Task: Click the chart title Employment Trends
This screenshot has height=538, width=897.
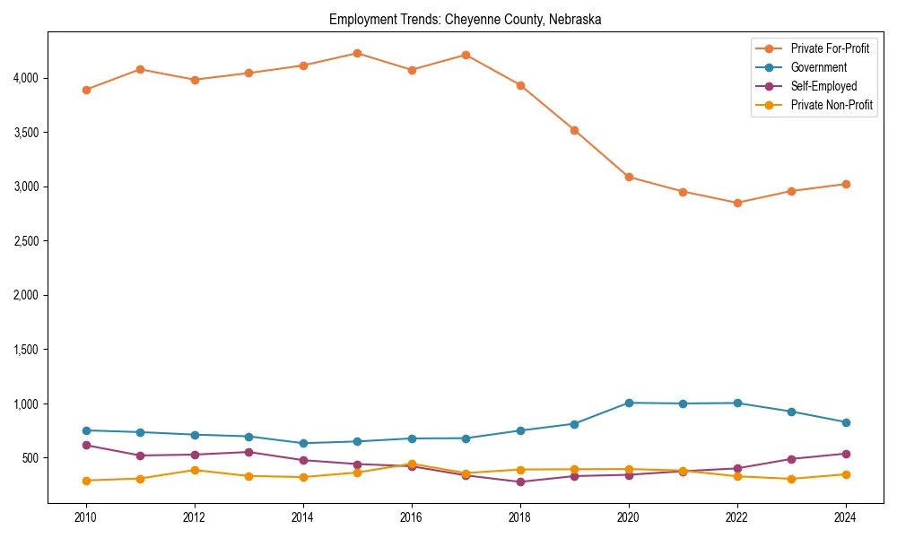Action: pyautogui.click(x=465, y=19)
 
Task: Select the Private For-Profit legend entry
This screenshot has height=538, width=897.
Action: pyautogui.click(x=830, y=48)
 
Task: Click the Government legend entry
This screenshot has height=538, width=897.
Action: pyautogui.click(x=818, y=67)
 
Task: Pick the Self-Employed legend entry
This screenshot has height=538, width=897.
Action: pyautogui.click(x=823, y=86)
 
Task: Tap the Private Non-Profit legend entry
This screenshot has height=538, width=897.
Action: pyautogui.click(x=832, y=105)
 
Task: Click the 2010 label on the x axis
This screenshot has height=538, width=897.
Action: pyautogui.click(x=86, y=517)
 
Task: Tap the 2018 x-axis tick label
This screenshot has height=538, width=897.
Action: pyautogui.click(x=519, y=517)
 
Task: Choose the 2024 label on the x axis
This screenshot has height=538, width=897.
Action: pyautogui.click(x=845, y=517)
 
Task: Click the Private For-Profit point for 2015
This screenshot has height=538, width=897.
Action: pyautogui.click(x=357, y=53)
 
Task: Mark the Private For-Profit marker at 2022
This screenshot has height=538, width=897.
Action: pyautogui.click(x=736, y=203)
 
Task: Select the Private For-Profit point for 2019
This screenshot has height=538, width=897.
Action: pyautogui.click(x=574, y=130)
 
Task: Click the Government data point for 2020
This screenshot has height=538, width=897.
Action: pyautogui.click(x=628, y=403)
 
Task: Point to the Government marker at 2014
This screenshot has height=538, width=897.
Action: pyautogui.click(x=303, y=443)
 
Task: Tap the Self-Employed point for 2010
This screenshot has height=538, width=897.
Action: pyautogui.click(x=86, y=445)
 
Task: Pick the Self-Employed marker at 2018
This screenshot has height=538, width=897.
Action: pyautogui.click(x=519, y=482)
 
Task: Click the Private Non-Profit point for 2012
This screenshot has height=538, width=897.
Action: pyautogui.click(x=195, y=470)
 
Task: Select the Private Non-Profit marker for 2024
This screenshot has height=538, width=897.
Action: pyautogui.click(x=845, y=474)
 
